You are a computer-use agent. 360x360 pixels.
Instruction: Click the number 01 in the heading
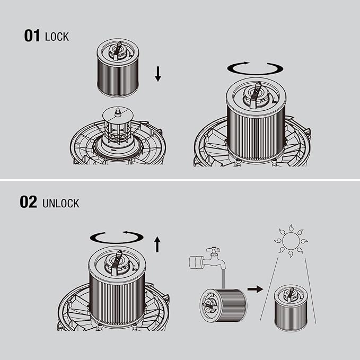pyautogui.click(x=32, y=36)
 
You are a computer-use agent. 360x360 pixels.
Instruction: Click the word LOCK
pyautogui.click(x=57, y=37)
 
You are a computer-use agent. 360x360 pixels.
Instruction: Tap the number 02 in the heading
pyautogui.click(x=28, y=202)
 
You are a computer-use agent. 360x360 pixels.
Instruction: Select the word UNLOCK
pyautogui.click(x=61, y=204)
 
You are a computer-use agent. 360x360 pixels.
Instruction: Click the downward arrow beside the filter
pyautogui.click(x=157, y=74)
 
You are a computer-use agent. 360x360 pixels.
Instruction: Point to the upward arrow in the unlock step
pyautogui.click(x=157, y=244)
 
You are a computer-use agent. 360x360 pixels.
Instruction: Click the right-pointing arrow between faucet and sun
pyautogui.click(x=256, y=289)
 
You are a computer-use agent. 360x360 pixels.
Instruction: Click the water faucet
pyautogui.click(x=207, y=259)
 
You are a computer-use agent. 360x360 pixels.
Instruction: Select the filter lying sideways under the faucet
pyautogui.click(x=223, y=305)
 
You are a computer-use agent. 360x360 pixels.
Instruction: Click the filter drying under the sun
pyautogui.click(x=291, y=308)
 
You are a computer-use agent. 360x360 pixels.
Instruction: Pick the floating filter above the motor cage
pyautogui.click(x=118, y=68)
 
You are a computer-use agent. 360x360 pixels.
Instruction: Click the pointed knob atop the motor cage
pyautogui.click(x=118, y=112)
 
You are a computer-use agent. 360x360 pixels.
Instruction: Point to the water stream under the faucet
pyautogui.click(x=223, y=279)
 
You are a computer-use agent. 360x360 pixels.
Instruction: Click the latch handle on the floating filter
pyautogui.click(x=117, y=51)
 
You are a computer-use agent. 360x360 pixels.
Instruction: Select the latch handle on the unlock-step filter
pyautogui.click(x=117, y=262)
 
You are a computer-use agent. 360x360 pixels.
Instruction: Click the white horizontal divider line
pyautogui.click(x=180, y=180)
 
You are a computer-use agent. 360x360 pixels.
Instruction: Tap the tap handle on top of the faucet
pyautogui.click(x=213, y=249)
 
